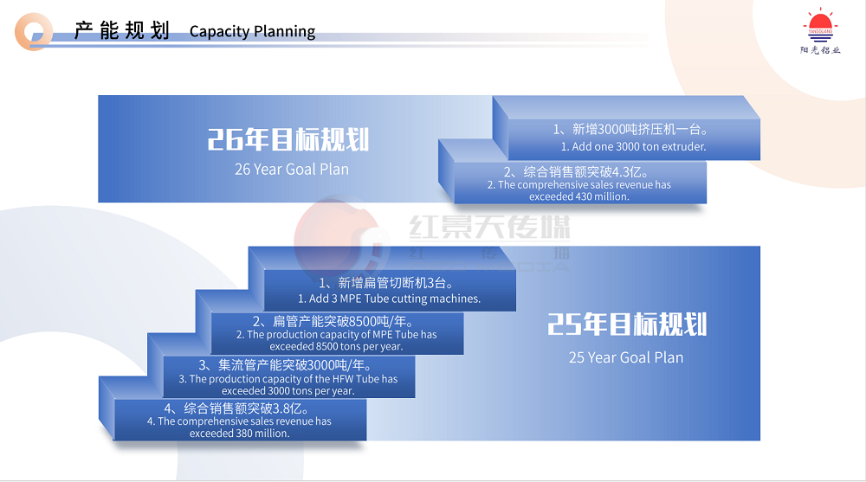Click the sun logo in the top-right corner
820,30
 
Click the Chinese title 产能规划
122,30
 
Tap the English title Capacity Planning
252,31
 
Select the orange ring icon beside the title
34,31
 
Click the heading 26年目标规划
288,139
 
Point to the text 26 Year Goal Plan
292,169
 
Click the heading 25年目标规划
627,325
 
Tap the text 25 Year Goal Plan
626,357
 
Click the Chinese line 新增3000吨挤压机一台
630,129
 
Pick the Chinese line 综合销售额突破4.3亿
576,172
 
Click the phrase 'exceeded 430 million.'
578,196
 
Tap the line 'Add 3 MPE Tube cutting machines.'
390,299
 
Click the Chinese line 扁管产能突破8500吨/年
333,321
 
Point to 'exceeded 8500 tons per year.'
336,346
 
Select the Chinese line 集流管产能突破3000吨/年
285,365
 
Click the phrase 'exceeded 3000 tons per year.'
288,390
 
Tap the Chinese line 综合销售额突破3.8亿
236,408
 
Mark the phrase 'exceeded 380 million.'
240,434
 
